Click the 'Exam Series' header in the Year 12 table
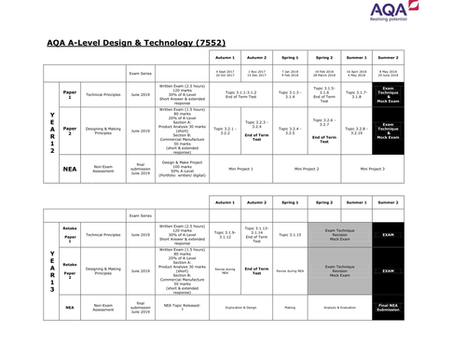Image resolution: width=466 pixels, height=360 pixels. point(141,72)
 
